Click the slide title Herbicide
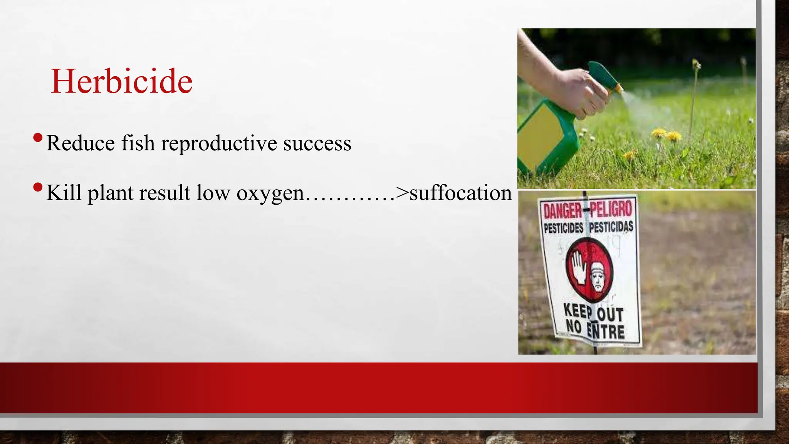(x=121, y=81)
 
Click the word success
(x=317, y=143)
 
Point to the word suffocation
(x=460, y=193)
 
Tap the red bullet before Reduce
(x=38, y=138)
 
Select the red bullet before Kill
(x=38, y=188)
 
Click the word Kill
(x=64, y=193)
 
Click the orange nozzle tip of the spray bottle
(x=618, y=88)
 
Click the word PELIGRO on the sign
(x=611, y=209)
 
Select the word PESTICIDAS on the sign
(x=611, y=227)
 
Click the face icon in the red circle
(x=598, y=276)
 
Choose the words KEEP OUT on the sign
(x=593, y=313)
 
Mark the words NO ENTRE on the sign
(x=595, y=330)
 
